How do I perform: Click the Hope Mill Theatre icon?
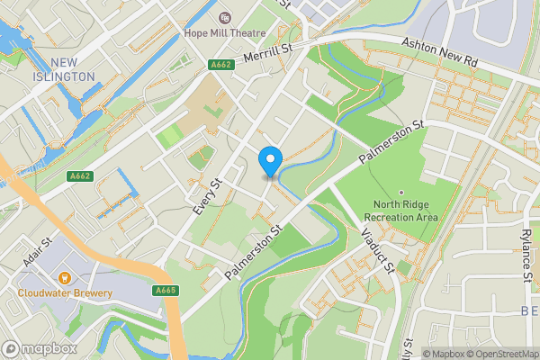point(224,17)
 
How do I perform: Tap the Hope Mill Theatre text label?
point(225,33)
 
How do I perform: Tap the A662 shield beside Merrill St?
point(220,65)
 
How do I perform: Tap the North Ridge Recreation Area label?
point(406,210)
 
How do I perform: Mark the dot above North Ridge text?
point(401,192)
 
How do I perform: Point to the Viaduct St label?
point(377,251)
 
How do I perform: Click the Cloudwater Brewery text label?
point(65,293)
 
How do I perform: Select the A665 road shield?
point(165,291)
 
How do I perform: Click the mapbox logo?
point(40,348)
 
